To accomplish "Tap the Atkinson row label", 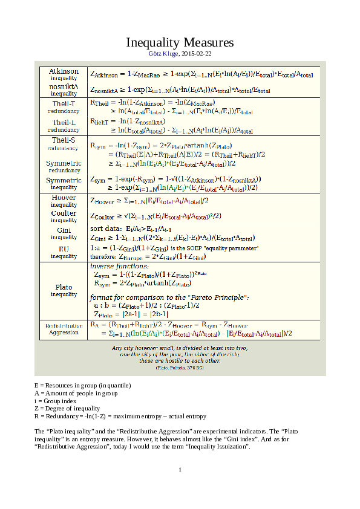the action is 64,71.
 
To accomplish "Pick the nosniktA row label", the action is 64,87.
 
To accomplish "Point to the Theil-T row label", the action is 64,104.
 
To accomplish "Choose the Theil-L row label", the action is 64,123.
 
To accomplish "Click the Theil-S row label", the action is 64,140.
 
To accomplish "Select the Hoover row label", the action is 64,198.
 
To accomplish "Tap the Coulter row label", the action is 64,213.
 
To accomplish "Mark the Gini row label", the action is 64,230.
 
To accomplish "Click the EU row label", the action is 64,248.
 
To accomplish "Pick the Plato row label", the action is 64,287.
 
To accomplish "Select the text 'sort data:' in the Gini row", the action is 105,229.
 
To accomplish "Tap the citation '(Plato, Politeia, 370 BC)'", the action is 180,368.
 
